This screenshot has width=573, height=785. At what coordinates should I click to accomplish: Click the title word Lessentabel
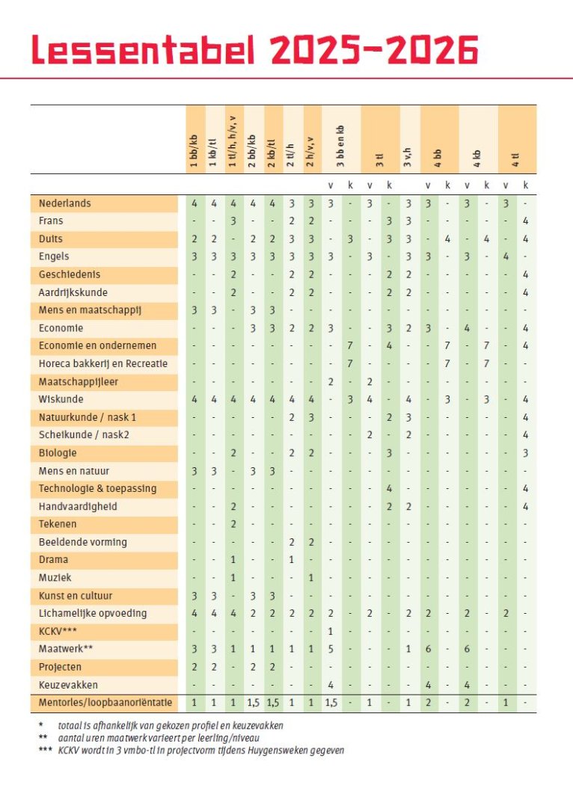[x=144, y=49]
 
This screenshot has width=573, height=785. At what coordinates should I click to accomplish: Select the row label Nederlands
[x=64, y=203]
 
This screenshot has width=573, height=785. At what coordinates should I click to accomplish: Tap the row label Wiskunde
[x=61, y=399]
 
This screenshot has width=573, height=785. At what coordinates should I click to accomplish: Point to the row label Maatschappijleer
[x=78, y=381]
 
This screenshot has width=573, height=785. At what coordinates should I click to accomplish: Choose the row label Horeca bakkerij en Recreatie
[x=103, y=363]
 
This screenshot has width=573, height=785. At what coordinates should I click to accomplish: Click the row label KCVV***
[x=58, y=631]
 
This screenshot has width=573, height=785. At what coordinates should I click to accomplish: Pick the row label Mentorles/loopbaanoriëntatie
[x=105, y=703]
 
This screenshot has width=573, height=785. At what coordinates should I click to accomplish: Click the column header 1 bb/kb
[x=194, y=150]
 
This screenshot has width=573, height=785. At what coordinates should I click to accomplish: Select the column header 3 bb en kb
[x=340, y=146]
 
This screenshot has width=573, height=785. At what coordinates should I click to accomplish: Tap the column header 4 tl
[x=515, y=160]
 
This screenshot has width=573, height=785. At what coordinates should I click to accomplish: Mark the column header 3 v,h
[x=408, y=157]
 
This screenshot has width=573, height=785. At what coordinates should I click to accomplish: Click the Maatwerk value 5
[x=331, y=649]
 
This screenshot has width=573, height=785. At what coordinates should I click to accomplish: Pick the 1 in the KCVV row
[x=331, y=631]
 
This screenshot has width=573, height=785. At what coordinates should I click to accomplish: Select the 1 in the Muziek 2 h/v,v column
[x=311, y=578]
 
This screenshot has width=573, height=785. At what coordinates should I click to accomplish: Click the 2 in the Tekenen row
[x=233, y=524]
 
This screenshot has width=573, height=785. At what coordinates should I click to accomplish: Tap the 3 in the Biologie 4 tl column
[x=525, y=453]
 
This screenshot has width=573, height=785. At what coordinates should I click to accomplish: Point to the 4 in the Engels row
[x=506, y=256]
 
